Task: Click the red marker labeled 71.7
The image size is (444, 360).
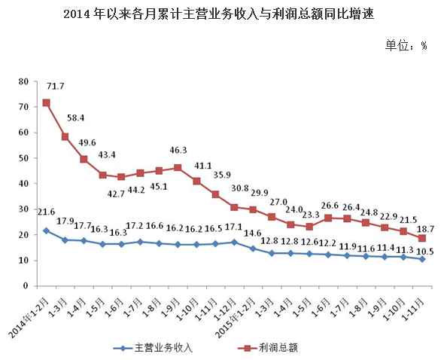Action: (46, 102)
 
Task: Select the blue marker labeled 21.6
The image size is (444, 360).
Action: (46, 230)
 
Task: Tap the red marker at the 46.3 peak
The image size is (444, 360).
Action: (178, 167)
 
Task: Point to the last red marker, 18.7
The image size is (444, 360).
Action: (422, 238)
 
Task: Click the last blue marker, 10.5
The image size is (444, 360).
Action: (422, 259)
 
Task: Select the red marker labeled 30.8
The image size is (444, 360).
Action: (234, 207)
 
